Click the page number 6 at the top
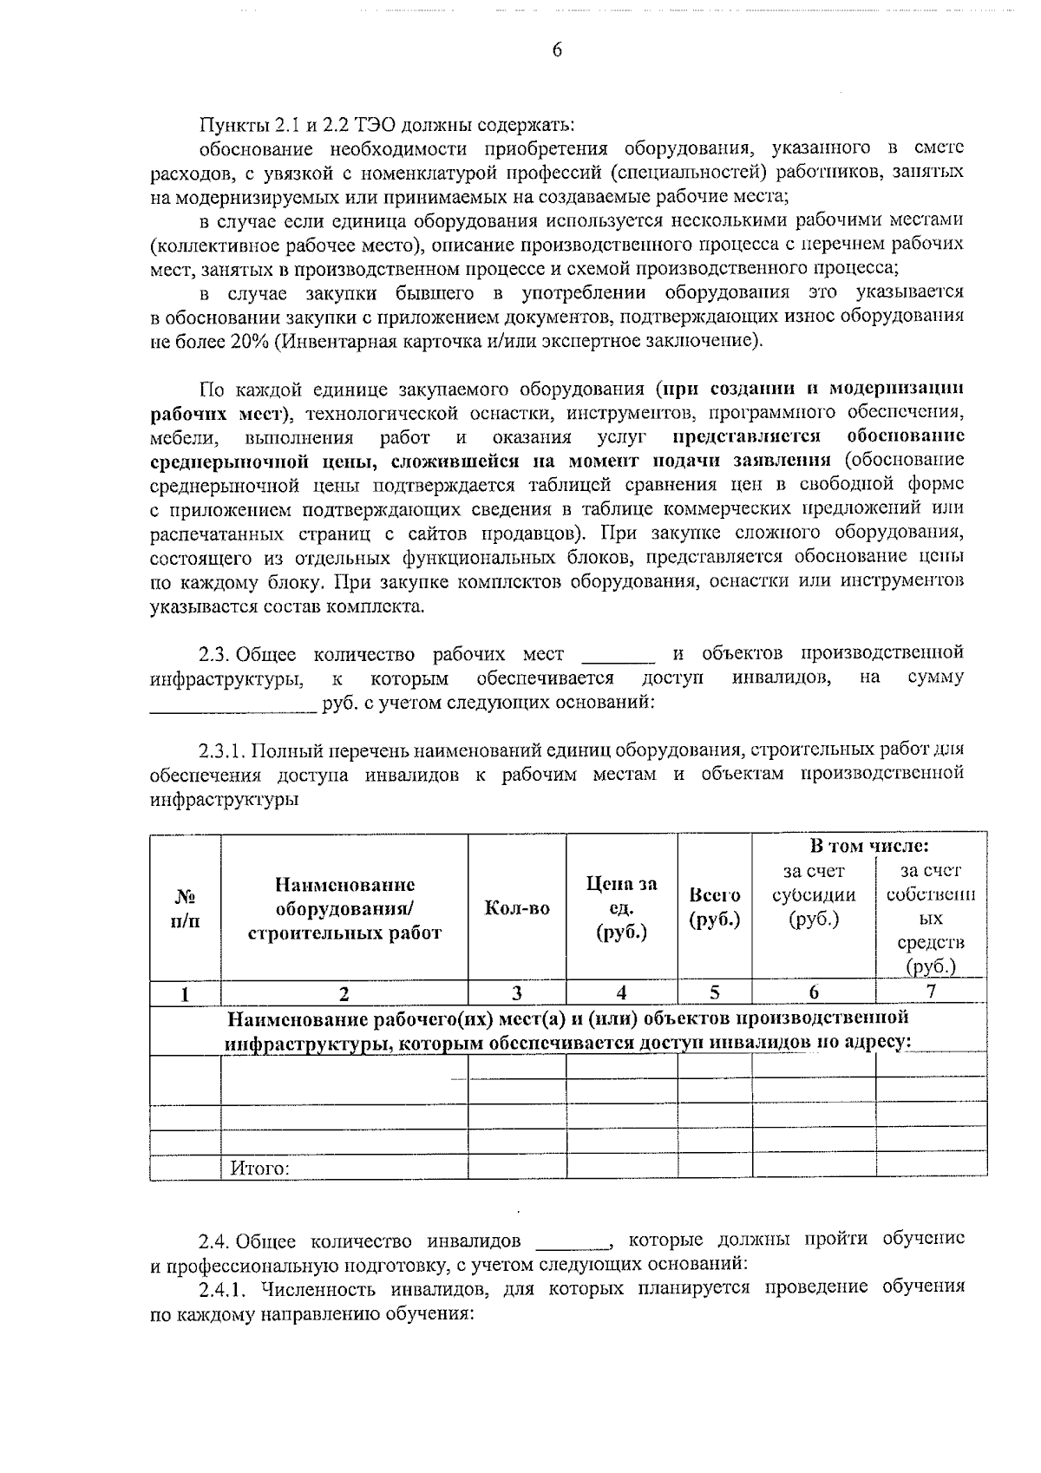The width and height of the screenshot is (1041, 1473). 557,50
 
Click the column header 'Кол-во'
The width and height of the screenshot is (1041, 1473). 517,908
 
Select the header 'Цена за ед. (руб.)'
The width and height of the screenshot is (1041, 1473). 621,908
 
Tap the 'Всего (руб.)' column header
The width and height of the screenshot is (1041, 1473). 714,907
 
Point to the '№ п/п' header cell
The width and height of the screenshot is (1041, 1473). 186,908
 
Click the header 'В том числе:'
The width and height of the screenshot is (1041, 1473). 869,846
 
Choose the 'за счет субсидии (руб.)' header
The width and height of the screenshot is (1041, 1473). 813,895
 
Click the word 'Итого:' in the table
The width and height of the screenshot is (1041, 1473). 259,1169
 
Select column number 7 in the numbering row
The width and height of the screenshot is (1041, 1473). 931,992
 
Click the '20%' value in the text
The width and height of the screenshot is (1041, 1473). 250,341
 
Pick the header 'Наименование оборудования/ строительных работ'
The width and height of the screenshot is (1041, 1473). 344,908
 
